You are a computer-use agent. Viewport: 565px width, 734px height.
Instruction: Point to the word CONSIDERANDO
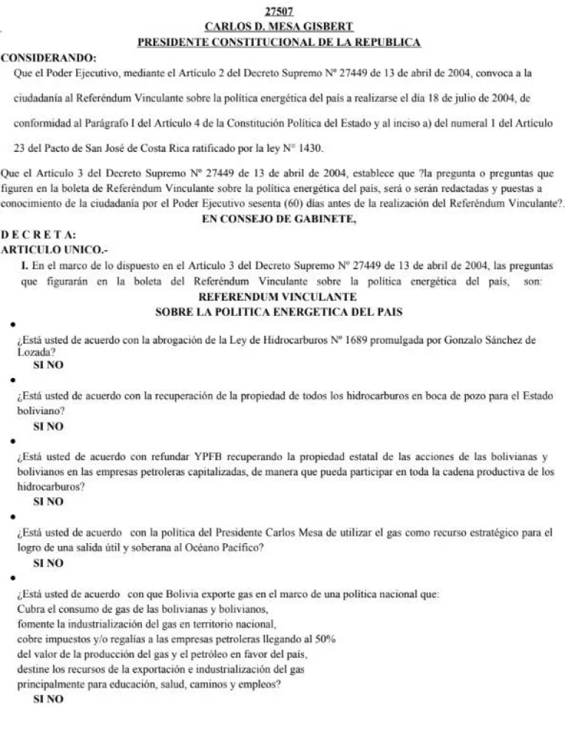tap(48, 57)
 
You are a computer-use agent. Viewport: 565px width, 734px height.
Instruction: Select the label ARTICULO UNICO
tap(44, 249)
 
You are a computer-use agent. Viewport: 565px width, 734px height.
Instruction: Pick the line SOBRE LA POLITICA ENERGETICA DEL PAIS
tap(279, 312)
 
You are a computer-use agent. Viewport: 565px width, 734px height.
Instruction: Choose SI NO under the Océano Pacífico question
tap(49, 563)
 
